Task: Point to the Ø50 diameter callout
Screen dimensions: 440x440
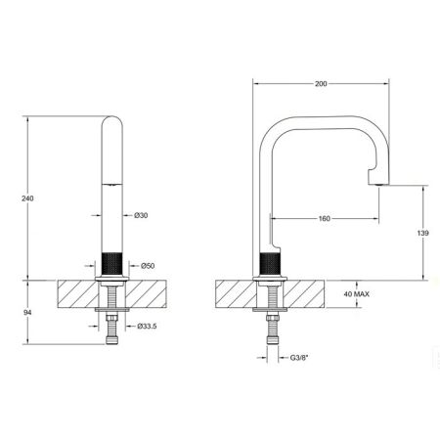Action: (x=148, y=266)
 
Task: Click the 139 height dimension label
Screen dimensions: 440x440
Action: (x=422, y=235)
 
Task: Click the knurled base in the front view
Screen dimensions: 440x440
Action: (x=113, y=264)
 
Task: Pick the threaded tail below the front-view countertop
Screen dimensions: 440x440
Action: (x=113, y=335)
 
